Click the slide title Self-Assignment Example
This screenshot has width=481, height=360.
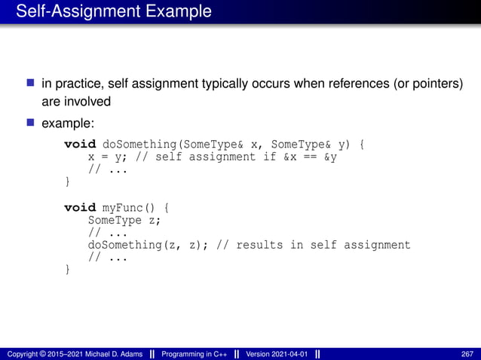pyautogui.click(x=114, y=12)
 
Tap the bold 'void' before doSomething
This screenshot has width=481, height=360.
pyautogui.click(x=80, y=144)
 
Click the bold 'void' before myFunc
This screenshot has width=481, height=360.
pyautogui.click(x=80, y=207)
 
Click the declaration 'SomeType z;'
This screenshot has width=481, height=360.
pyautogui.click(x=126, y=220)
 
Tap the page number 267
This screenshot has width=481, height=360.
pyautogui.click(x=467, y=353)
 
